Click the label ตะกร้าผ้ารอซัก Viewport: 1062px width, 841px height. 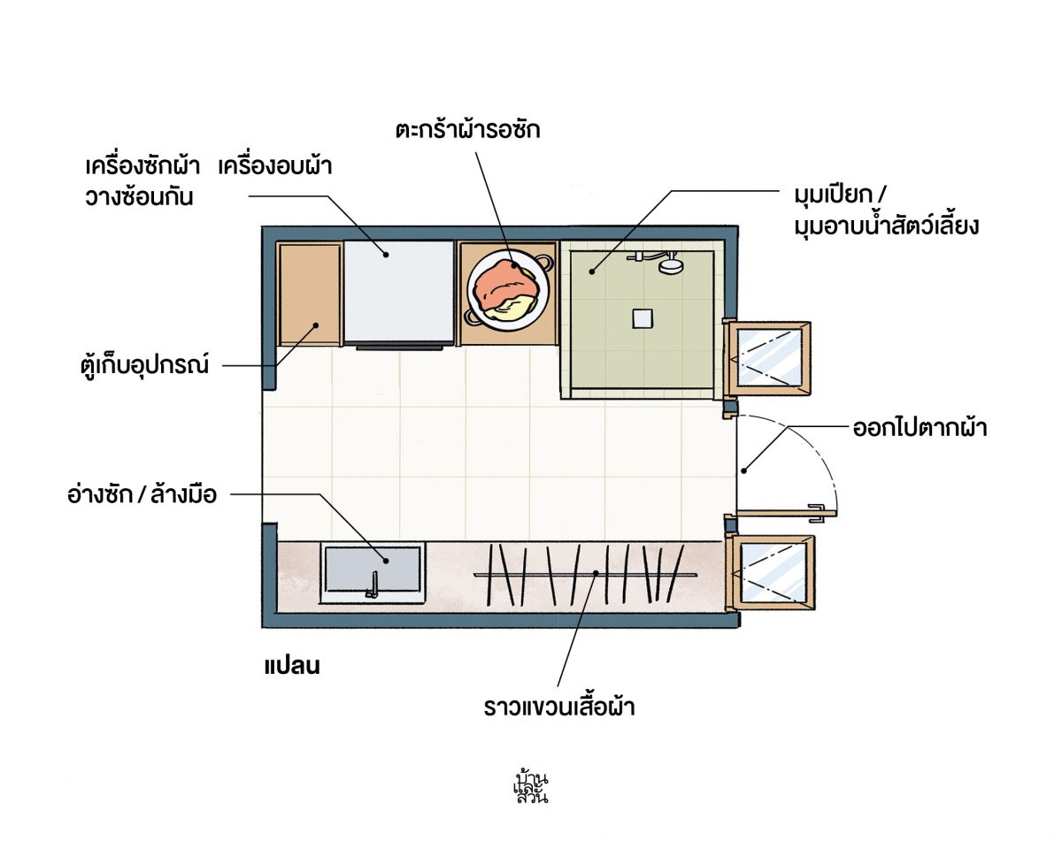click(x=468, y=129)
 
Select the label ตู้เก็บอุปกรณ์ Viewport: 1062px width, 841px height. click(x=144, y=365)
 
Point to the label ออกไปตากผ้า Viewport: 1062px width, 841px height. click(x=920, y=427)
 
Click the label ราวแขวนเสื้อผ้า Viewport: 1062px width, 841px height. click(x=559, y=707)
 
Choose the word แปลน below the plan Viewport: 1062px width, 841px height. click(x=292, y=665)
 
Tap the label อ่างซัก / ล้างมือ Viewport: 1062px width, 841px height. click(x=142, y=493)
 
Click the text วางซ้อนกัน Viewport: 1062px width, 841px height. click(x=139, y=197)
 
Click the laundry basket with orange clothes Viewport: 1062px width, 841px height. click(x=508, y=292)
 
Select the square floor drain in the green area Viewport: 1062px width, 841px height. click(x=643, y=318)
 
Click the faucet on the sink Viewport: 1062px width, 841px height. click(x=373, y=585)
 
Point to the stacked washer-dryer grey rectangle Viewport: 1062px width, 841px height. click(x=399, y=292)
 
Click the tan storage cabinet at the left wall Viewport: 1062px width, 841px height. click(x=310, y=294)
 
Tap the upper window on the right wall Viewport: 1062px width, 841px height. click(x=767, y=358)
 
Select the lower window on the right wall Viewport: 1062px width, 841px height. click(x=770, y=573)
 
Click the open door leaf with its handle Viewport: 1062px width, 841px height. click(x=786, y=514)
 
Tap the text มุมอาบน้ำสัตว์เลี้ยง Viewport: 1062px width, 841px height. click(x=886, y=226)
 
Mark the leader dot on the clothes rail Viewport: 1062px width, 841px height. click(x=596, y=573)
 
